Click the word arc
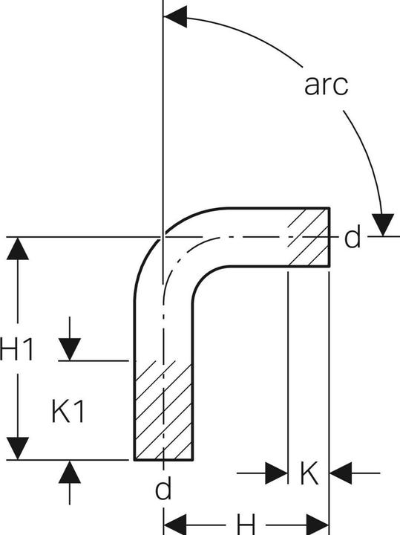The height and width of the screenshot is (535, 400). pos(326,85)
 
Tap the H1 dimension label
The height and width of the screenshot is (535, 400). pos(17,348)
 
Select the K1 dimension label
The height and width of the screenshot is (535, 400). pos(68,411)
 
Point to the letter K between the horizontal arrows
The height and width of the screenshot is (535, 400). pos(309,473)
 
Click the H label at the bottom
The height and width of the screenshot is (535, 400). pos(246,525)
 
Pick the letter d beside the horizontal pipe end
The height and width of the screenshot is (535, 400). pos(353,238)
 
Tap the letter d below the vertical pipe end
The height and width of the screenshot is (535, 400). pos(163,488)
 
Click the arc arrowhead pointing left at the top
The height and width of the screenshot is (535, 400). pos(175,16)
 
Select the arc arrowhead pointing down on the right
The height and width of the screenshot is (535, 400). pos(383,224)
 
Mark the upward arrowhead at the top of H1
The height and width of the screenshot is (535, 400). pos(18,248)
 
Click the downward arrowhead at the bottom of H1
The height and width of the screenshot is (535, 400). pos(18,448)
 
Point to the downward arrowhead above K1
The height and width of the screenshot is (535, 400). pos(70,349)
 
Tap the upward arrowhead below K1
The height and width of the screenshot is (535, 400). pos(70,472)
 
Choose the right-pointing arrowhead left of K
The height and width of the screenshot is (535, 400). pos(276,473)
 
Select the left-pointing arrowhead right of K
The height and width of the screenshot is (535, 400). pos(341,473)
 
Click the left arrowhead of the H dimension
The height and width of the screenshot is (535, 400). pos(175,525)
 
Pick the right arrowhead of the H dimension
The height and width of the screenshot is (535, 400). pos(318,525)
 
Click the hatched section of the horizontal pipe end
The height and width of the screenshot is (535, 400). pos(309,236)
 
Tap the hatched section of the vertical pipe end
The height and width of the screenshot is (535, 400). pos(163,410)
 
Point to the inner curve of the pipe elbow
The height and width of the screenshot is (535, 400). pos(203,277)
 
